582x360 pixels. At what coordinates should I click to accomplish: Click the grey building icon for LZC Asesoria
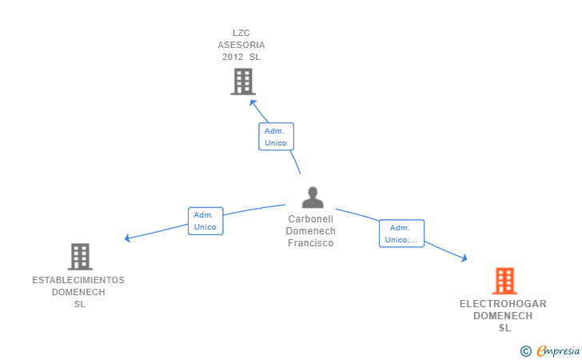click(243, 82)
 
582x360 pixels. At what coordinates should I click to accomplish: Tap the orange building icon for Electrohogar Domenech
click(504, 281)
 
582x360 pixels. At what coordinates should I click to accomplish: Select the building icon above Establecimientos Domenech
click(80, 257)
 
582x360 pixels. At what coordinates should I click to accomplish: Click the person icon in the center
click(313, 198)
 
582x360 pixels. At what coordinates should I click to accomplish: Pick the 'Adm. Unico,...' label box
click(401, 234)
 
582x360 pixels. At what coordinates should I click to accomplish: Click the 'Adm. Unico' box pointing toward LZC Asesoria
click(276, 137)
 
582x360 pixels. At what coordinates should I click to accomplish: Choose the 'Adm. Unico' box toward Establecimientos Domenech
click(205, 221)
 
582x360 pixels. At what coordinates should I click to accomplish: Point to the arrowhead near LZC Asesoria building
click(253, 102)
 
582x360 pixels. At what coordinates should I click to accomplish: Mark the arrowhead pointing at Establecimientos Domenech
click(127, 238)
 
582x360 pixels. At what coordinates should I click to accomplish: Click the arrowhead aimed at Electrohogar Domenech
click(464, 258)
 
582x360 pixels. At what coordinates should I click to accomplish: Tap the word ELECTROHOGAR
click(503, 304)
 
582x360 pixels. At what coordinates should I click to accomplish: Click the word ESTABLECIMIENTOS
click(78, 280)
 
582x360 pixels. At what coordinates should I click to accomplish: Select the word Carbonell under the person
click(311, 219)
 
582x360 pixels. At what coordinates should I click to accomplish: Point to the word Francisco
click(311, 243)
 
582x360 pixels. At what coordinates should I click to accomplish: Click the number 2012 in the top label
click(233, 57)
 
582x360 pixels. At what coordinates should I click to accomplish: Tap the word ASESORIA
click(241, 45)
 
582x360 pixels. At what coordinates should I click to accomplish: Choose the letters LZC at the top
click(241, 33)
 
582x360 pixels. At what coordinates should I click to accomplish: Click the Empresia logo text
click(558, 350)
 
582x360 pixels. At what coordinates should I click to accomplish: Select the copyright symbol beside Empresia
click(526, 351)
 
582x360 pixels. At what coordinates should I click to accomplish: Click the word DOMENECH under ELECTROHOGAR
click(503, 316)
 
